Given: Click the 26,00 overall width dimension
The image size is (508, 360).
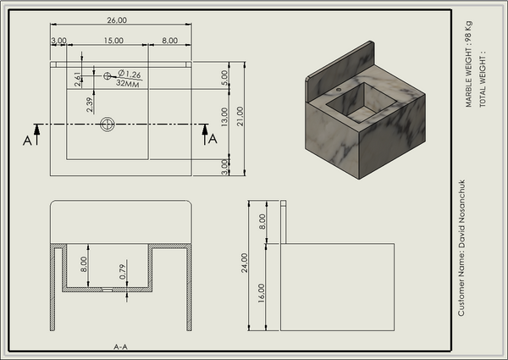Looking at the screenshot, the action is [x=117, y=20].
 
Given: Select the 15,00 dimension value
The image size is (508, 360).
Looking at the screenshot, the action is [x=113, y=41].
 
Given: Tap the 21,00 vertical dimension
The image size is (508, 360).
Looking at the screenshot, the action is [x=240, y=116].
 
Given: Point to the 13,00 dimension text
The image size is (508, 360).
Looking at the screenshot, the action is [x=224, y=117].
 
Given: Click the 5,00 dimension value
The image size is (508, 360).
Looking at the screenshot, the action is [x=224, y=77].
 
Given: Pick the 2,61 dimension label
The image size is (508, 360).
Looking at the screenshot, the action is [x=78, y=79].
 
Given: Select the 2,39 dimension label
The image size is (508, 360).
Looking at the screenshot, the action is [x=90, y=105].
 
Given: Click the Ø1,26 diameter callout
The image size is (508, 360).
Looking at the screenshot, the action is [x=130, y=75].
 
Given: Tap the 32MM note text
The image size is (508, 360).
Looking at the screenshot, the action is [x=128, y=83].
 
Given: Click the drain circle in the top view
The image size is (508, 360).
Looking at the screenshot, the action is [x=108, y=125].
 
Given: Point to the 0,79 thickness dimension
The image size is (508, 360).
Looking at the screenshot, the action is [x=123, y=272].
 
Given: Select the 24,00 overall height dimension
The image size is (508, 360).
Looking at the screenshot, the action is [x=245, y=263].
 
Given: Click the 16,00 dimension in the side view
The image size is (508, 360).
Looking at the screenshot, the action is [x=262, y=293].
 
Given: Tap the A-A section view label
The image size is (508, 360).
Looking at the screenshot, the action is [x=120, y=346].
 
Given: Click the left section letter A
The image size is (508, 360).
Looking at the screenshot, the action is [x=28, y=141].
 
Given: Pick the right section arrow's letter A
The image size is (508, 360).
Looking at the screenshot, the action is [x=213, y=139].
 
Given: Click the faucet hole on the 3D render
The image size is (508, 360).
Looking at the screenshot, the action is [x=339, y=90].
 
